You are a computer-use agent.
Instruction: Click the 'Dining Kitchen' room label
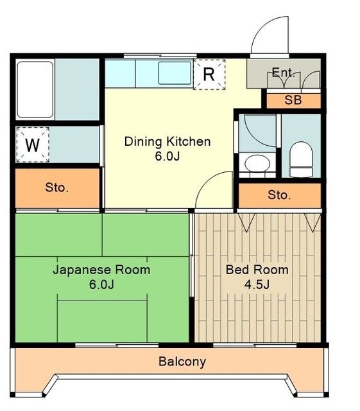pos(167,141)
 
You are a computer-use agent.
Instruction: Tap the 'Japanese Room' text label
pos(101,269)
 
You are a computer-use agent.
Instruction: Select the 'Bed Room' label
pos(257,269)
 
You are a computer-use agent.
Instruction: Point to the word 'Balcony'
pos(182,362)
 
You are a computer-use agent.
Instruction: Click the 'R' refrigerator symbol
pos(209,74)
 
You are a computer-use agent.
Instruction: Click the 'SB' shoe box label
pos(293,100)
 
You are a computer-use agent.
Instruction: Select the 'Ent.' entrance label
pos(283,73)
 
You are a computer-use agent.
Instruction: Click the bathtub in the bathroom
pos(35,90)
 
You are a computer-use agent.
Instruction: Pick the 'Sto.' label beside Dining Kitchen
pos(56,188)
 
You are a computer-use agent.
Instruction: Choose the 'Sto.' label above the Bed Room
pos(279,195)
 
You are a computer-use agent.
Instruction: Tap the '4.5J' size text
pos(257,284)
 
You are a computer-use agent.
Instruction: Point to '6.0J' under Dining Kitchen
pos(167,157)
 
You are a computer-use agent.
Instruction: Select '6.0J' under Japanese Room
pos(101,284)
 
